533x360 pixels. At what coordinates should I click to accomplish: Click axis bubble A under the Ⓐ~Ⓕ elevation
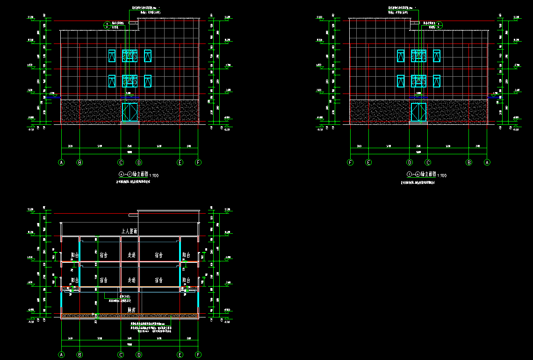pyautogui.click(x=61, y=163)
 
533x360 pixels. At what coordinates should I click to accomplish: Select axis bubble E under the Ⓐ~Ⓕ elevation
pyautogui.click(x=180, y=163)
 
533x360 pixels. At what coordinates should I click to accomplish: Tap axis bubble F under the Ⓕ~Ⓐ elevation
pyautogui.click(x=350, y=163)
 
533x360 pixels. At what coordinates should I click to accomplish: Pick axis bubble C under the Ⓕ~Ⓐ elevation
pyautogui.click(x=427, y=163)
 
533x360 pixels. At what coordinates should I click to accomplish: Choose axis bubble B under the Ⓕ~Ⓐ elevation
pyautogui.click(x=469, y=163)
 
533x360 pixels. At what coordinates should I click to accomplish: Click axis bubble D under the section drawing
pyautogui.click(x=139, y=355)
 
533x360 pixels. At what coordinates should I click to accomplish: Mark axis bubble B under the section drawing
pyautogui.click(x=79, y=355)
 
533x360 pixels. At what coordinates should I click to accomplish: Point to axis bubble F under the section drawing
pyautogui.click(x=198, y=355)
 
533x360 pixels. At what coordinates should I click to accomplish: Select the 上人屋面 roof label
pyautogui.click(x=131, y=231)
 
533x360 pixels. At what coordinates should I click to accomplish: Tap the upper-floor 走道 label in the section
pyautogui.click(x=131, y=255)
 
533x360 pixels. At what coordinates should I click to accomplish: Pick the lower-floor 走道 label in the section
pyautogui.click(x=131, y=280)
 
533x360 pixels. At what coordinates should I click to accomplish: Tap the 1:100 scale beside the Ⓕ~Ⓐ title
pyautogui.click(x=442, y=175)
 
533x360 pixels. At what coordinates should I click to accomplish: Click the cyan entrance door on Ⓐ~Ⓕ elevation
pyautogui.click(x=130, y=113)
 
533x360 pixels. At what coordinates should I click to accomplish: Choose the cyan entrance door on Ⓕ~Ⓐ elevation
pyautogui.click(x=418, y=113)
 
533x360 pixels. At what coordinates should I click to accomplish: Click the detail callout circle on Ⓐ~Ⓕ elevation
pyautogui.click(x=107, y=25)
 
